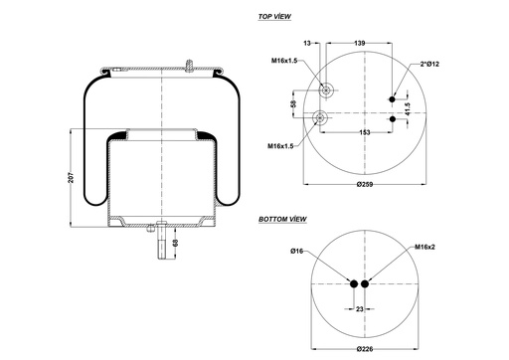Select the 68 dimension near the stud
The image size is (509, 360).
176,243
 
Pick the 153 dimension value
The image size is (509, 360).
366,133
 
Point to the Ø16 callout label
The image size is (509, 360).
296,252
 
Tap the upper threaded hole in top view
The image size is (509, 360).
326,90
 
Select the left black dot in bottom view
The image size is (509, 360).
354,284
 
